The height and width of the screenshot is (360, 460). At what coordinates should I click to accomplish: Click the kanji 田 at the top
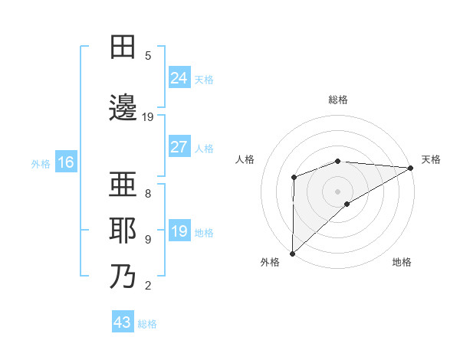point(123,48)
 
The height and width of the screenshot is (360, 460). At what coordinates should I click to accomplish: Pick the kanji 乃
point(123,277)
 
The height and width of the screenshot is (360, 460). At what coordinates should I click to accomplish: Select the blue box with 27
point(179,146)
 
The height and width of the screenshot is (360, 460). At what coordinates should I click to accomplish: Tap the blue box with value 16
point(65,162)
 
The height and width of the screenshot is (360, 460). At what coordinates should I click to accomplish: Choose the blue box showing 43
point(123,322)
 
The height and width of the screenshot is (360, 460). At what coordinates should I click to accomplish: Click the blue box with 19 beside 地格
point(179,231)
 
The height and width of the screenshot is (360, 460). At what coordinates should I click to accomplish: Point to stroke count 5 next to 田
point(148,55)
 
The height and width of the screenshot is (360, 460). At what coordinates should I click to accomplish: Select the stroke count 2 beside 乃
point(148,286)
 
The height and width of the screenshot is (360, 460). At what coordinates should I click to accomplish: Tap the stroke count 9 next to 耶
point(148,239)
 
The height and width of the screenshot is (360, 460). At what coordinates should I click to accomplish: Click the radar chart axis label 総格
point(338,100)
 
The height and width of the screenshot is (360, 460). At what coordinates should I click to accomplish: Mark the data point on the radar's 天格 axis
point(411,168)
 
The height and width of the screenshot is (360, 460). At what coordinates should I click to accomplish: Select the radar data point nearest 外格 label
point(292,253)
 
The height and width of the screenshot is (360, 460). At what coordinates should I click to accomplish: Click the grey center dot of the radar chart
point(338,190)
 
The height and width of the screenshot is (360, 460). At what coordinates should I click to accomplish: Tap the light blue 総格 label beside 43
point(147,324)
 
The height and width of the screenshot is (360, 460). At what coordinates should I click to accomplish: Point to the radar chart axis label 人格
point(245,159)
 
